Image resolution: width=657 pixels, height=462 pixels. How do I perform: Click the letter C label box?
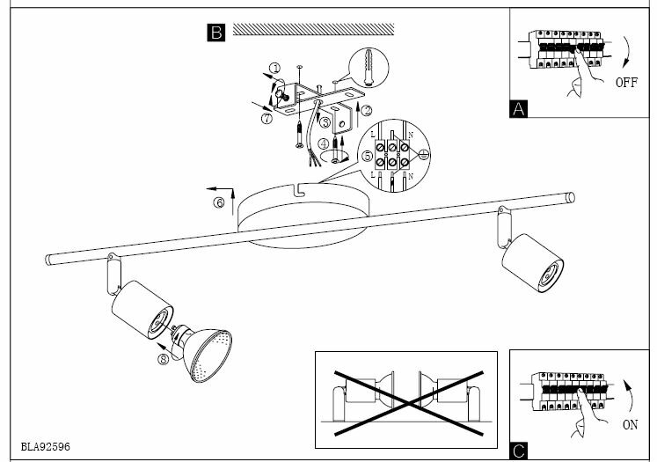pos(519,451)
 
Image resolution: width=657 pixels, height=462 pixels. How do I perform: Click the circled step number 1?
pos(274,68)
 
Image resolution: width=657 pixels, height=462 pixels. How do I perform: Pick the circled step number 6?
pos(219,203)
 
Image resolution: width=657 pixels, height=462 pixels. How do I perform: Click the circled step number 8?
pos(163,357)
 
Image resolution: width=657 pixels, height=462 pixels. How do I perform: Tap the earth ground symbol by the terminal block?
pos(421,155)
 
